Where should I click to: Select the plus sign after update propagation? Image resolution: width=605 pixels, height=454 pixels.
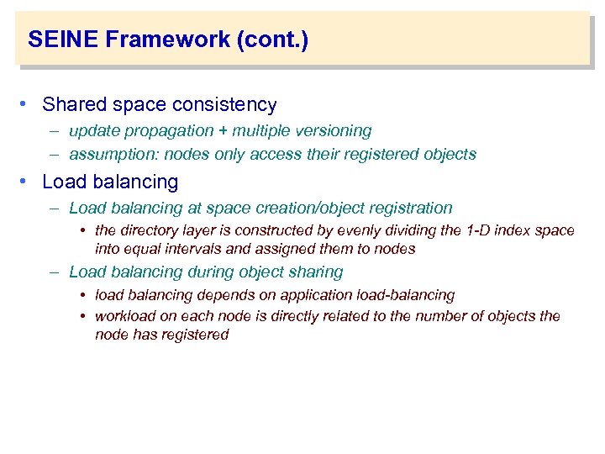point(223,131)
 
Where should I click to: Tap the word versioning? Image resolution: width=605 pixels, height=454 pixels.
point(337,131)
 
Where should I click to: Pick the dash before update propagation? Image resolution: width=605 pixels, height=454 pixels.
point(54,131)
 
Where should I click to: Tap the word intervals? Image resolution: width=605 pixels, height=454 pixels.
point(199,249)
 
